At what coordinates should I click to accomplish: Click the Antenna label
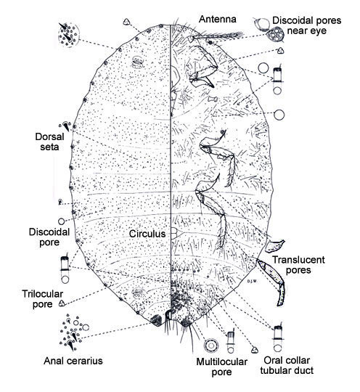point(218,20)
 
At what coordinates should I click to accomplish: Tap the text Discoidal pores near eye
point(307,25)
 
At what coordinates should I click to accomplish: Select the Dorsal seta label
point(49,142)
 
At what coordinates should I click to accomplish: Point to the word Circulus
point(147,234)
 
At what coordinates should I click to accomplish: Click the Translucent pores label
point(298,265)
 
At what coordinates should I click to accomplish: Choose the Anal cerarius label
point(73,361)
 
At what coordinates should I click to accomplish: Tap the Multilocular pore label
point(221,367)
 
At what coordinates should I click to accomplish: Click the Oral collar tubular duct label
point(287,365)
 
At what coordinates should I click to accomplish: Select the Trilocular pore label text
point(43,299)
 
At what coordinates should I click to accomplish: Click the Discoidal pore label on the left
point(49,237)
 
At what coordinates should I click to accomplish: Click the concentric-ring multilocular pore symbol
point(211,346)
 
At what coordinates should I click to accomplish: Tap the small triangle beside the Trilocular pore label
point(62,303)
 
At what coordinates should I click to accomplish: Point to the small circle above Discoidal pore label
point(61,221)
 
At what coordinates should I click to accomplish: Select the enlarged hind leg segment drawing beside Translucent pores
point(272,282)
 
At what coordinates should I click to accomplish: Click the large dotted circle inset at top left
point(69,35)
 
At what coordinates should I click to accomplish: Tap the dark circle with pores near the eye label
point(275,35)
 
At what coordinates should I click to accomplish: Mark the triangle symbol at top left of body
point(126,22)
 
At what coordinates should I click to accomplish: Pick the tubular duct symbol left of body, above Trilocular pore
point(65,269)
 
